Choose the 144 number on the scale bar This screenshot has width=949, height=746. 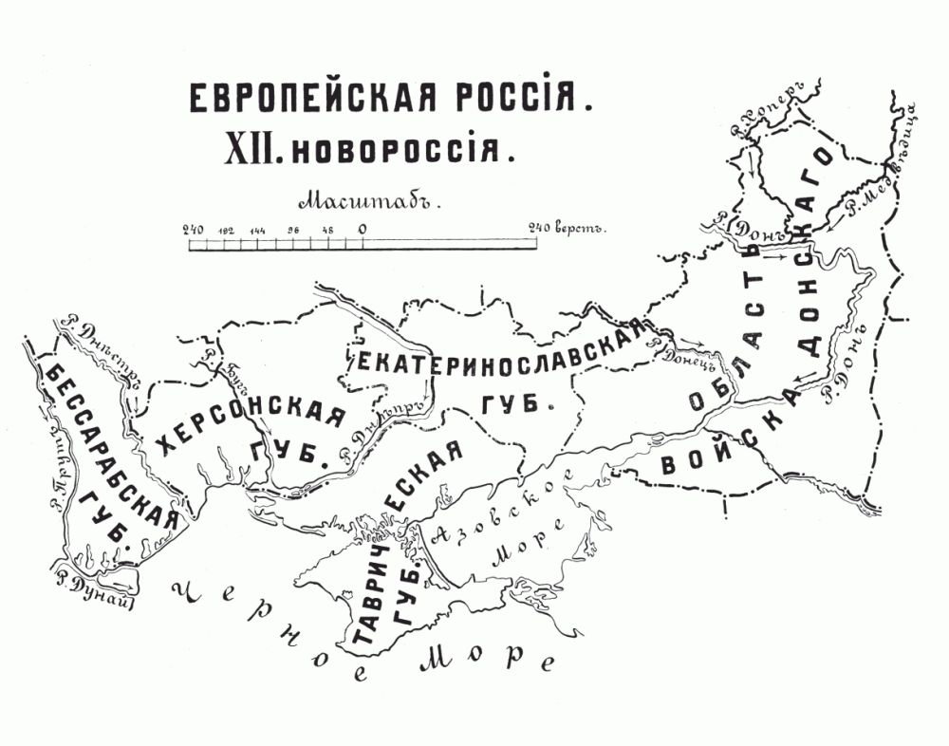(x=258, y=231)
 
